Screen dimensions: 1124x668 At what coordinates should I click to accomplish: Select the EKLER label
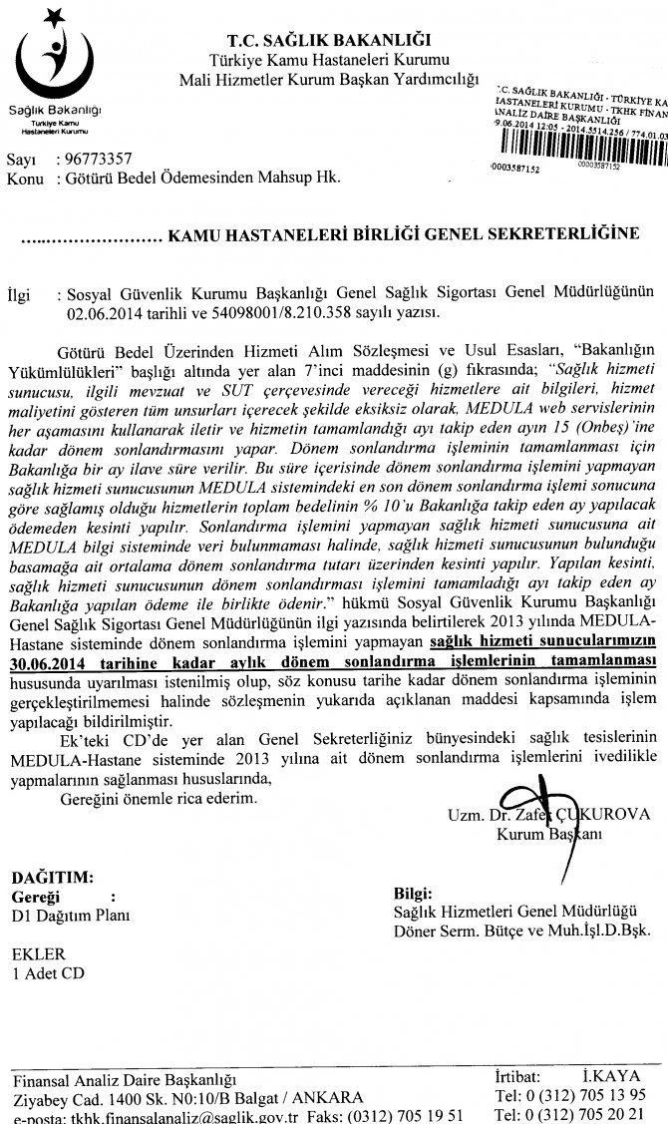click(38, 952)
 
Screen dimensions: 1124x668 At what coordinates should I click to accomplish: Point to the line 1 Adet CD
click(49, 971)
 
